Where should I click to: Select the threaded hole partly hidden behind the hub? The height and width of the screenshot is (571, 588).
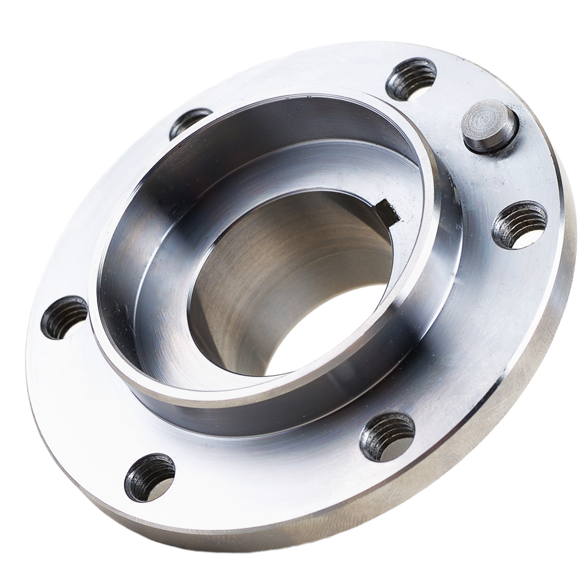coord(189,121)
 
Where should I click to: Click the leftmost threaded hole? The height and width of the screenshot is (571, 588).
coord(64,317)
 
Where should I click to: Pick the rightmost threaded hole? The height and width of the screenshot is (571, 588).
coord(519,224)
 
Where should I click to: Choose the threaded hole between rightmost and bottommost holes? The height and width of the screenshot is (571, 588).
coord(387,436)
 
